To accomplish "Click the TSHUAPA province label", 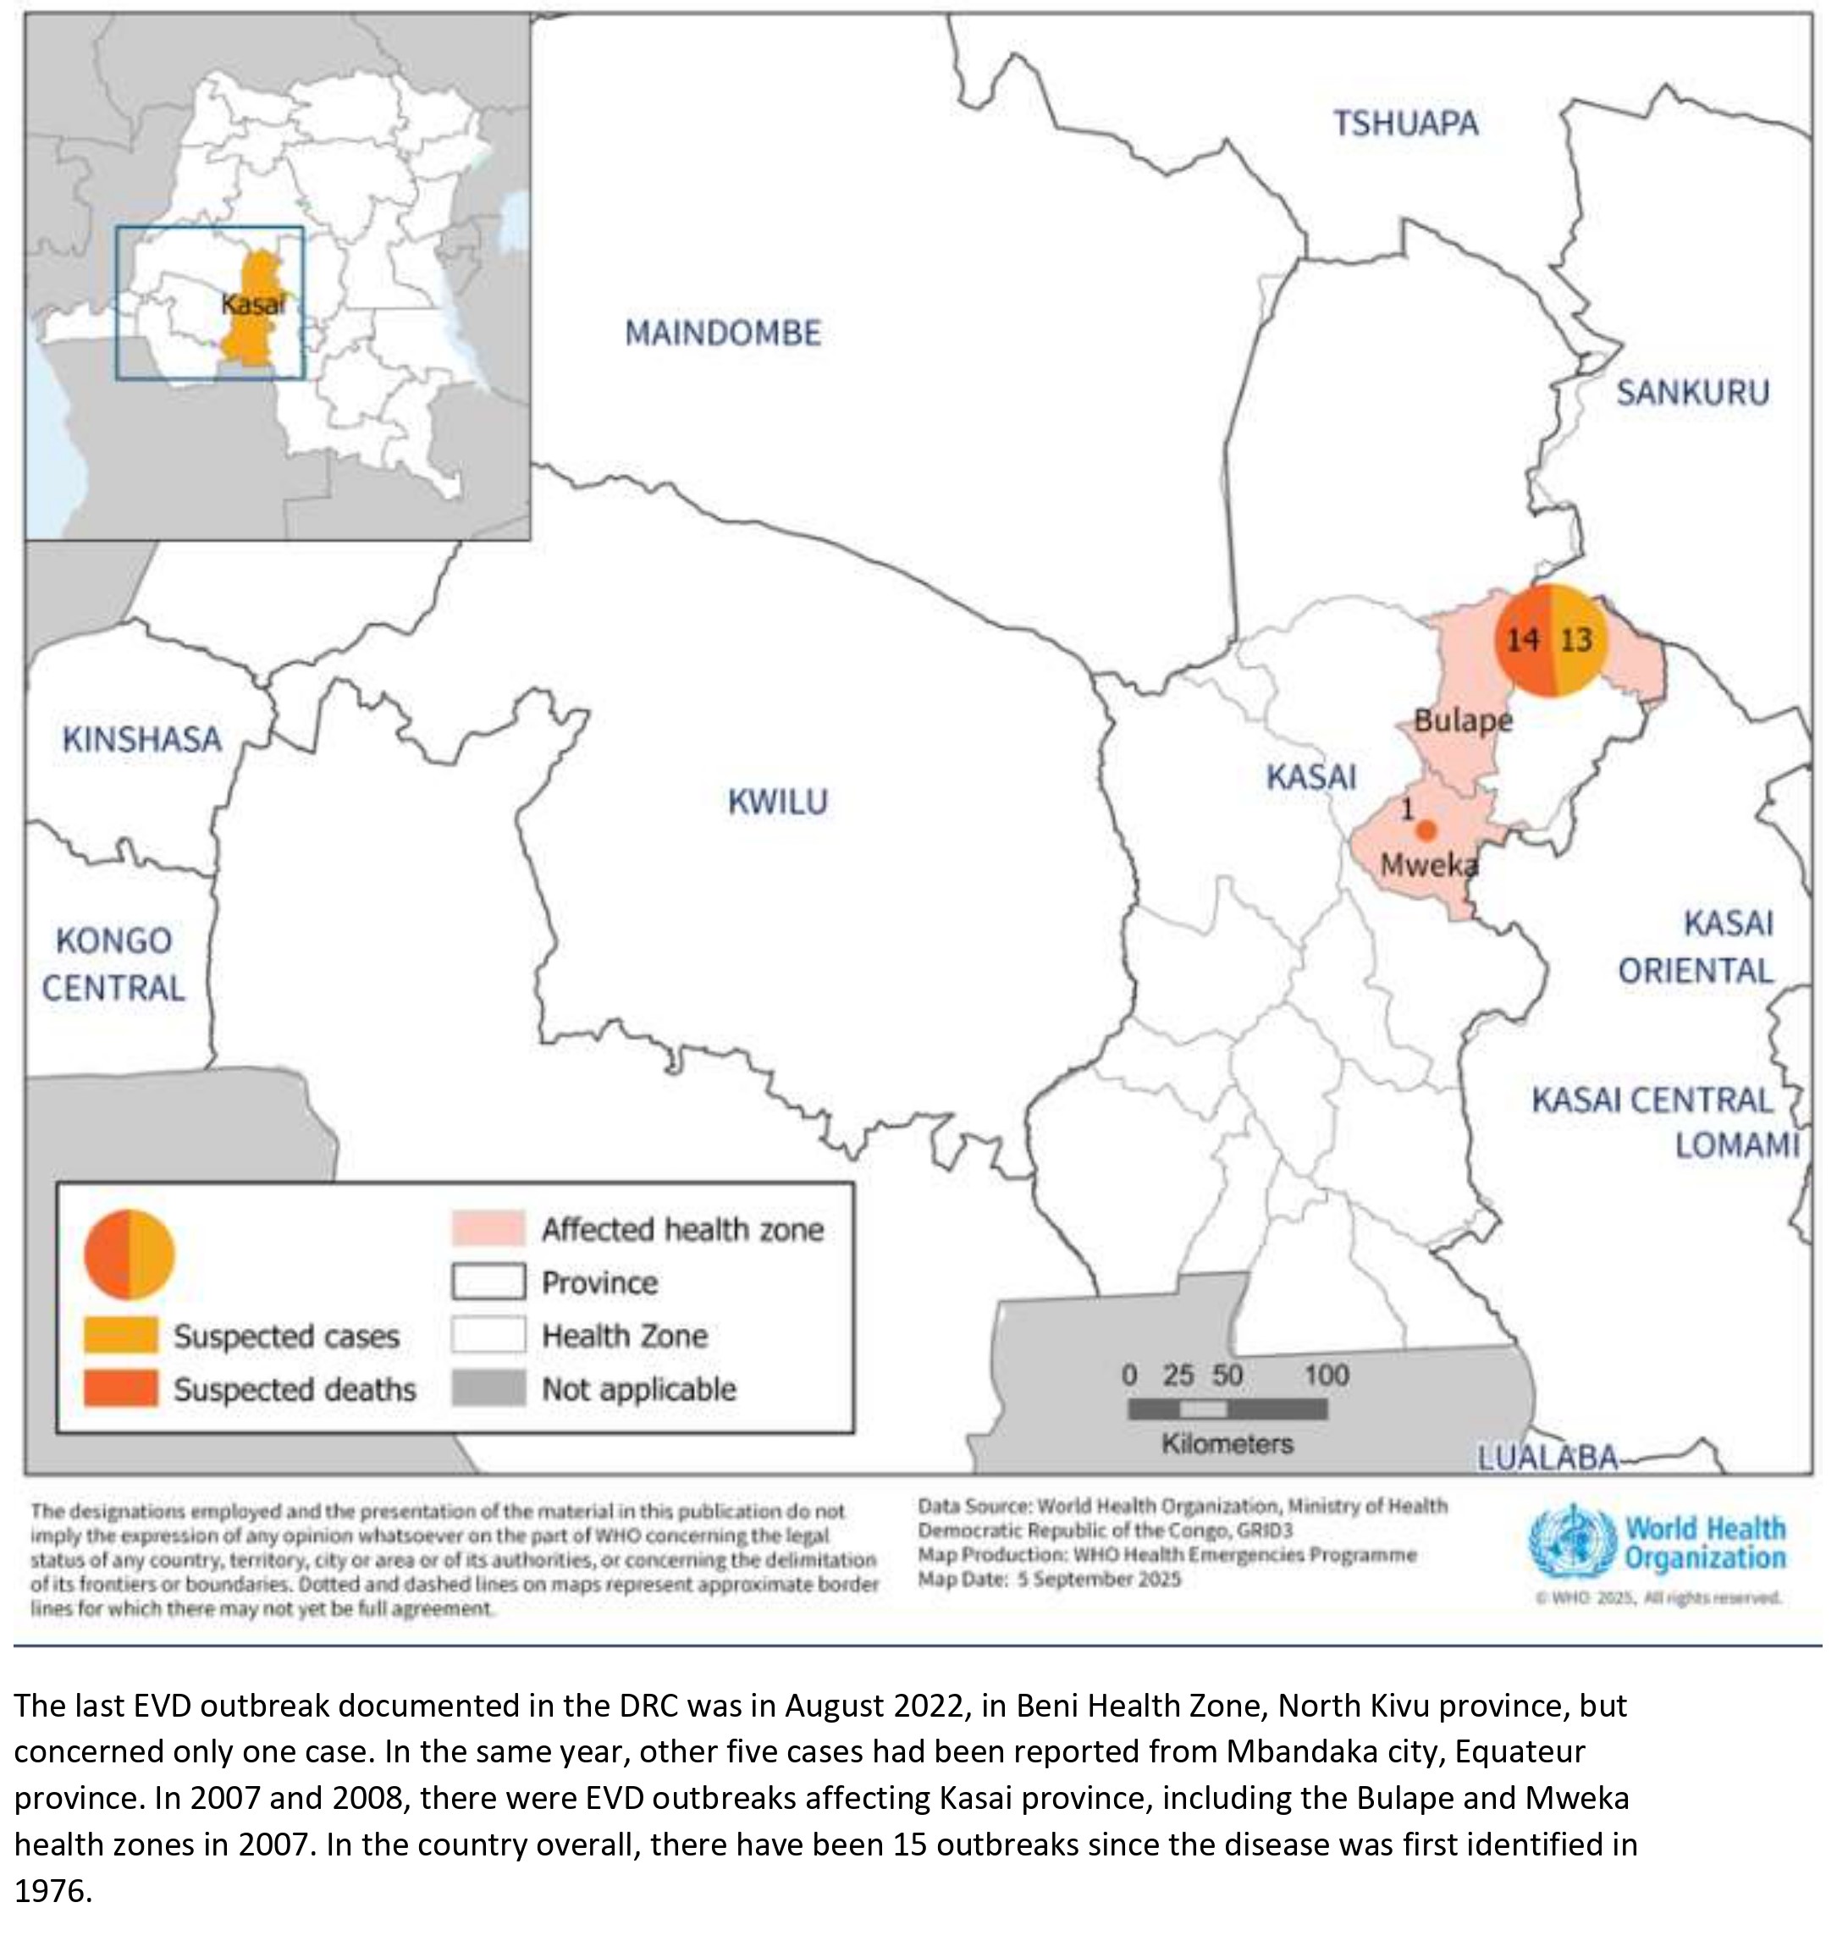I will pos(1405,124).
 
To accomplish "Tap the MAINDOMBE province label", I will pos(723,333).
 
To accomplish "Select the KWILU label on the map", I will pos(778,802).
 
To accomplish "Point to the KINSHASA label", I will pos(142,738).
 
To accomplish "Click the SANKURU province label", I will pos(1693,393).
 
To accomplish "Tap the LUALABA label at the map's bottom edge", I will pos(1547,1458).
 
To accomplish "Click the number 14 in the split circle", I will pos(1523,640).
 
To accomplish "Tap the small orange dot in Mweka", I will pos(1427,830).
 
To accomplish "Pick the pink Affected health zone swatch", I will pos(488,1228).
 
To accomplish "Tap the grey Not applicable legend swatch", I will pos(488,1388).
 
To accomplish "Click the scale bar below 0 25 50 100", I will pos(1227,1409).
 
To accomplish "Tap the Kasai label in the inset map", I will pos(253,305).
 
